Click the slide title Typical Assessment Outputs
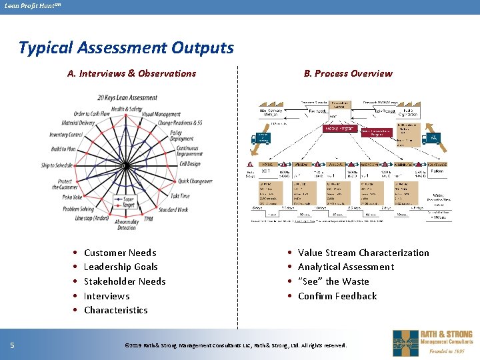(x=127, y=48)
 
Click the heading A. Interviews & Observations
(x=131, y=73)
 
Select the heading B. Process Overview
(x=348, y=73)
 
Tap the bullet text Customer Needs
(x=120, y=253)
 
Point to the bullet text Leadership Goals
(x=121, y=267)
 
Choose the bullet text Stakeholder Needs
(x=125, y=281)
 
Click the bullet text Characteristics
(x=115, y=310)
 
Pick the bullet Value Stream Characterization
(x=363, y=253)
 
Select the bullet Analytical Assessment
(x=346, y=267)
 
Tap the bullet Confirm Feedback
(x=337, y=296)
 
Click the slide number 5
(x=13, y=345)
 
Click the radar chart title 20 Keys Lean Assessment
(x=127, y=97)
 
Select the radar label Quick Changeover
(x=195, y=181)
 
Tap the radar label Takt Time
(x=180, y=196)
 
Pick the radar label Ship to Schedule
(x=57, y=165)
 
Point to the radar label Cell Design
(x=189, y=164)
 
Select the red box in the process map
(x=339, y=127)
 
